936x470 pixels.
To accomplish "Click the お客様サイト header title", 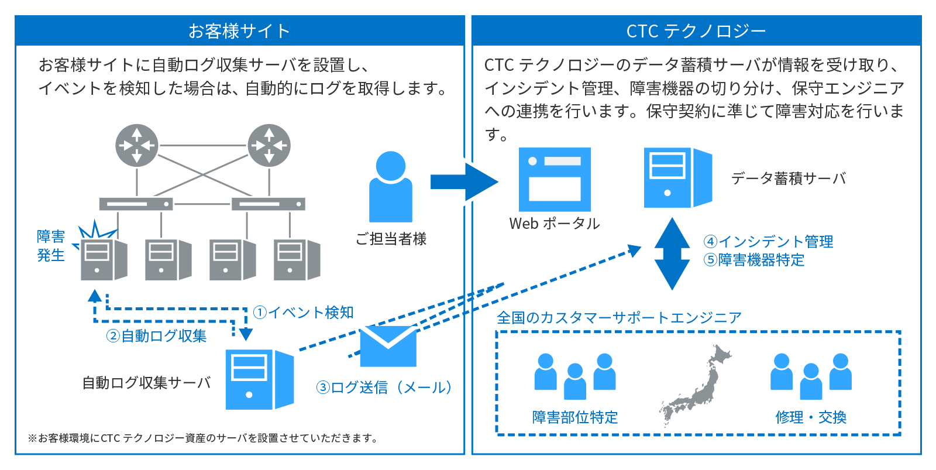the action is (x=239, y=31).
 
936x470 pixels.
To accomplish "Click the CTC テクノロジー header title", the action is (x=696, y=32).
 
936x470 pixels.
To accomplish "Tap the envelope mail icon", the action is (x=388, y=347).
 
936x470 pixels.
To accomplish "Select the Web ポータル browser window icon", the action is (x=555, y=179).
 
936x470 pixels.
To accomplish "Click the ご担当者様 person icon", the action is (x=391, y=187).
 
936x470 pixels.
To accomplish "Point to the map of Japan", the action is (x=696, y=385).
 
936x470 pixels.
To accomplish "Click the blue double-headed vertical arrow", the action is (x=672, y=254).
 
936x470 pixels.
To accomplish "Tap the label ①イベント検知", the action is (x=304, y=313).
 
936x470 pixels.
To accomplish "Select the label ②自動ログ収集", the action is (x=156, y=336).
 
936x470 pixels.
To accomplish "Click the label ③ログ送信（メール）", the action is (x=384, y=387).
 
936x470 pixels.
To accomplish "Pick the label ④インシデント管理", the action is (x=768, y=241).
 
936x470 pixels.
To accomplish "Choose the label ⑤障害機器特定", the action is (x=754, y=260).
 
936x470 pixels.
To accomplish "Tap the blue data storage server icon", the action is (x=678, y=177).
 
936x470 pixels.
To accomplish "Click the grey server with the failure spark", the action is (x=104, y=259).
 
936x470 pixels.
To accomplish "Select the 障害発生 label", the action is (x=50, y=246).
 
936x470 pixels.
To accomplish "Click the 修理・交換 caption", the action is (x=811, y=417).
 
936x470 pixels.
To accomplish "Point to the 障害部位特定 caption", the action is (x=575, y=417).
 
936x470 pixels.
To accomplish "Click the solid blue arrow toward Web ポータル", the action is (x=464, y=182).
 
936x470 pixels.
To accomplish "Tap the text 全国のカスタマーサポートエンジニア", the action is (x=619, y=317).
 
